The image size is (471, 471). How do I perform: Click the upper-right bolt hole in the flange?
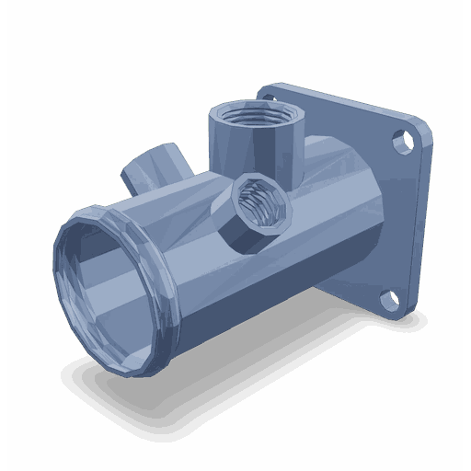401,143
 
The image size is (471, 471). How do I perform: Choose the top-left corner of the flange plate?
268,88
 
